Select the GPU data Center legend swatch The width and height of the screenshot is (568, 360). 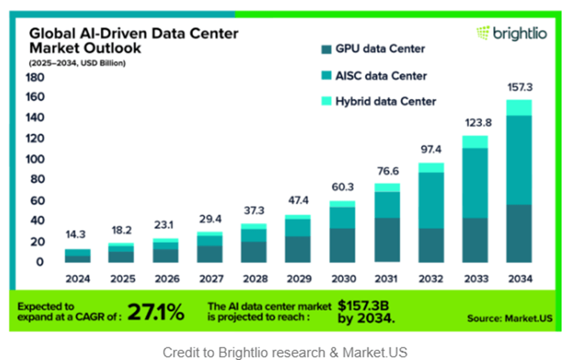(x=327, y=50)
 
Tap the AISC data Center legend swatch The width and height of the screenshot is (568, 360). (x=327, y=76)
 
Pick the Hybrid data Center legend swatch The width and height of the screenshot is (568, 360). (x=327, y=101)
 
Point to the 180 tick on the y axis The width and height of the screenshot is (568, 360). (x=34, y=77)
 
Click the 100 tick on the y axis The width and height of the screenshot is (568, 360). (x=34, y=159)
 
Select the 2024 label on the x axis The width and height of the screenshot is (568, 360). (x=78, y=279)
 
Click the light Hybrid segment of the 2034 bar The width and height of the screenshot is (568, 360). (x=518, y=108)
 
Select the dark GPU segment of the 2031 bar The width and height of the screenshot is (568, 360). (x=387, y=240)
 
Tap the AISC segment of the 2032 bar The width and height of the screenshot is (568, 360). (x=430, y=200)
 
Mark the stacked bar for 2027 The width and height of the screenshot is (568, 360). (x=210, y=246)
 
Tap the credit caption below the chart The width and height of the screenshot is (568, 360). (x=285, y=352)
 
